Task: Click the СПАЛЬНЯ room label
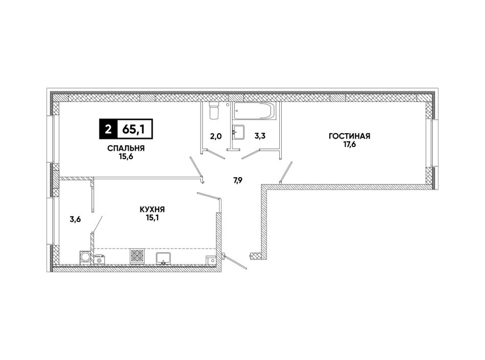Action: [x=126, y=149]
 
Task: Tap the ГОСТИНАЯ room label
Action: [x=350, y=136]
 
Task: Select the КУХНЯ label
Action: [x=152, y=210]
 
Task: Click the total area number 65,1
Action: [x=135, y=129]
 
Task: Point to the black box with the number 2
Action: [x=108, y=129]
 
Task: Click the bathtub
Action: [x=254, y=111]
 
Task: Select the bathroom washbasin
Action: [x=238, y=132]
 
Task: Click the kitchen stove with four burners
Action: [x=137, y=256]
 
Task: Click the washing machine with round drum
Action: [x=85, y=257]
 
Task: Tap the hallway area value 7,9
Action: [x=237, y=181]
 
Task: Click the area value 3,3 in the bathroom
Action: [x=260, y=136]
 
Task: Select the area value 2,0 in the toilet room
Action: [x=216, y=136]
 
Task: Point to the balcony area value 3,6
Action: [x=75, y=220]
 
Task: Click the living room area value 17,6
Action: [x=350, y=144]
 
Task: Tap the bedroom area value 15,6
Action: [x=126, y=156]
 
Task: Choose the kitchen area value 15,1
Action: [x=152, y=218]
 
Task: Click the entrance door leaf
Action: [x=235, y=262]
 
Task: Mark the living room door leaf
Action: [x=286, y=173]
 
